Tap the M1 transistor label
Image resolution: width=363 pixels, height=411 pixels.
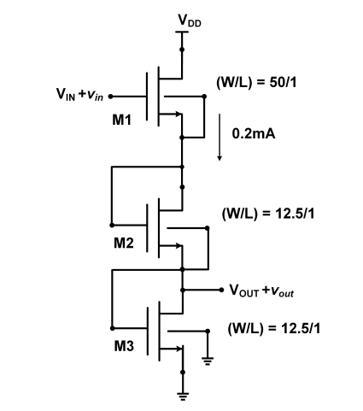click(121, 120)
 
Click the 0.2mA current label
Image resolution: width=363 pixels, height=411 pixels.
click(255, 135)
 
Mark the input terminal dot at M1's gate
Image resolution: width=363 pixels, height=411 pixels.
click(110, 97)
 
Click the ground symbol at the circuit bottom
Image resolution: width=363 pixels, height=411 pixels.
click(183, 396)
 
